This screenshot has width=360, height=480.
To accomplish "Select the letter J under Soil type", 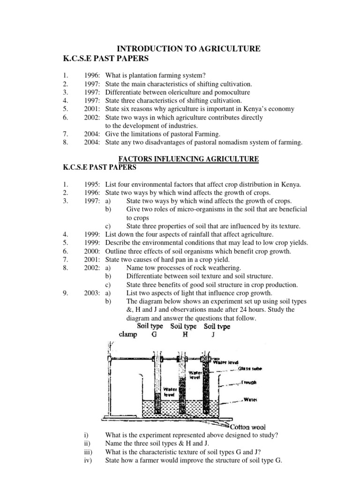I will coord(217,335).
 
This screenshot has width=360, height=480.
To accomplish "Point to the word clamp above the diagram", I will coord(128,335).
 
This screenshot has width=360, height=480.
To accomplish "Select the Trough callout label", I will coord(251,382).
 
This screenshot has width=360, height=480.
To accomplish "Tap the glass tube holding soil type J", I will coord(205,384).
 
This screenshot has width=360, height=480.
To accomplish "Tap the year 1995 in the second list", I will coord(93,184).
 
